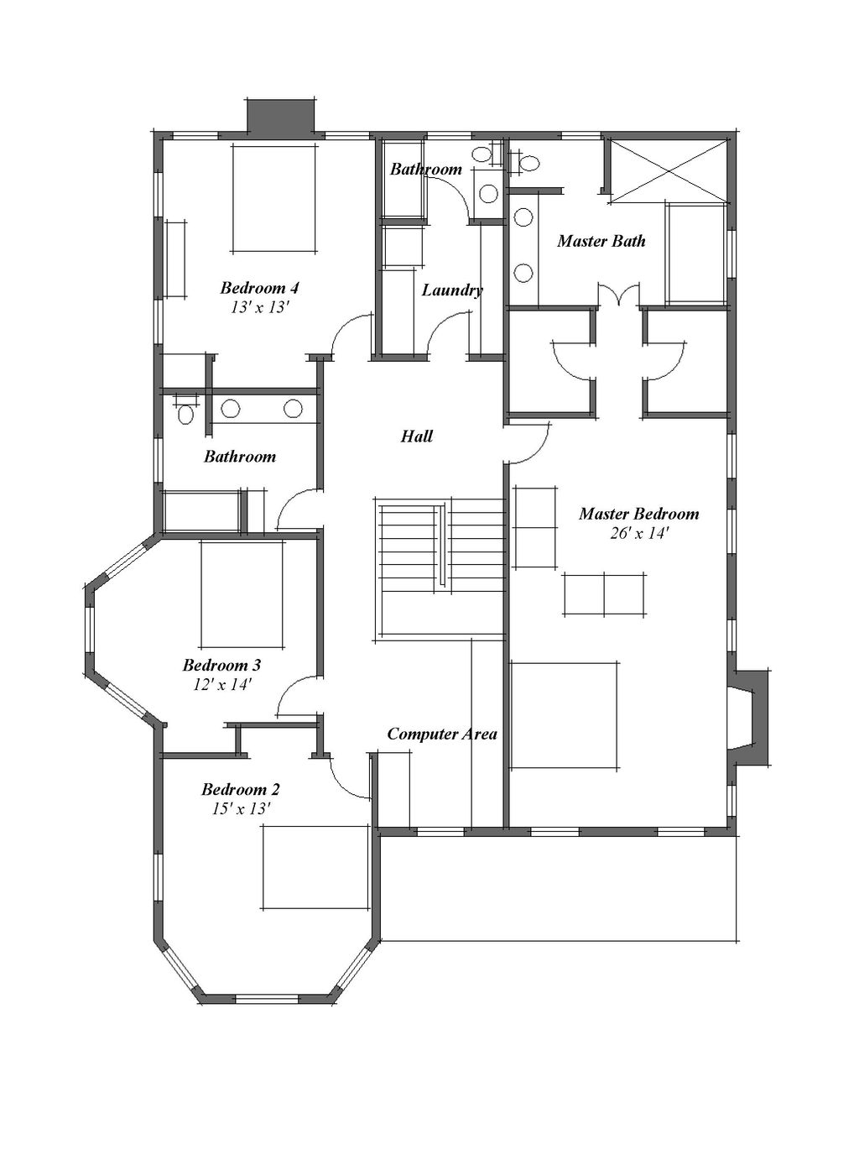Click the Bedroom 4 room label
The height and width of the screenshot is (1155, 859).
click(259, 288)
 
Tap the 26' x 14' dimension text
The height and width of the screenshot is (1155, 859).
click(638, 533)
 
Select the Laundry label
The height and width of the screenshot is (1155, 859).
click(451, 290)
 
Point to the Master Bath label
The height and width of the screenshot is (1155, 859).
click(601, 242)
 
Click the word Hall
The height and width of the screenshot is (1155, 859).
click(416, 436)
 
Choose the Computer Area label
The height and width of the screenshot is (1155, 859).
click(441, 734)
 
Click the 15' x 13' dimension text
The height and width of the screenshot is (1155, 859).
click(240, 809)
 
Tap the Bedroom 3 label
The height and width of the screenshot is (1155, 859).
click(221, 666)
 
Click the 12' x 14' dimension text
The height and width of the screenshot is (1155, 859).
click(221, 685)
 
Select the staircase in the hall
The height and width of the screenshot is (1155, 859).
click(440, 567)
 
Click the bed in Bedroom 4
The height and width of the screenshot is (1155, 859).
click(274, 198)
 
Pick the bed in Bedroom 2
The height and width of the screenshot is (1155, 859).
click(315, 867)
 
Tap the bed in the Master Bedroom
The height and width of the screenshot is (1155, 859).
click(565, 715)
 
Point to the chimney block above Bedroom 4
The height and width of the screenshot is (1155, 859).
click(280, 115)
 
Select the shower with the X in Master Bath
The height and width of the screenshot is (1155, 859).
click(668, 170)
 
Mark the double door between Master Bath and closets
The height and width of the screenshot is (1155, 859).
click(619, 295)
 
